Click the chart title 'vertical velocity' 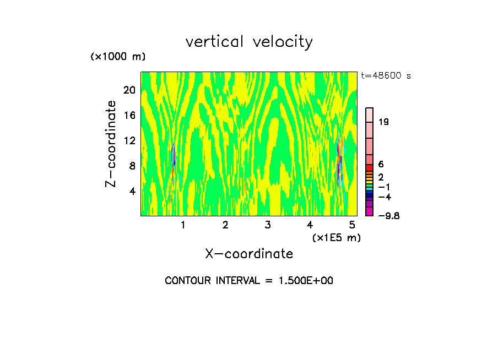point(249,42)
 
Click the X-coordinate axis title point(249,254)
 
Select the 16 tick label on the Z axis point(128,115)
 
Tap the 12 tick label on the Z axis point(128,140)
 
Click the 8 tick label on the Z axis point(132,166)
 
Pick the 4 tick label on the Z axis point(132,191)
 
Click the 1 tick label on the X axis point(183,225)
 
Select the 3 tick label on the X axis point(267,225)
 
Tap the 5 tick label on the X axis point(352,225)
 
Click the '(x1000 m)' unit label point(118,57)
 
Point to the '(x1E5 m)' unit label point(336,237)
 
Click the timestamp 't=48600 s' point(386,76)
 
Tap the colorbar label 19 point(383,122)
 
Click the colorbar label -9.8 point(389,216)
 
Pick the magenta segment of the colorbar point(370,211)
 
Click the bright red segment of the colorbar point(370,167)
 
